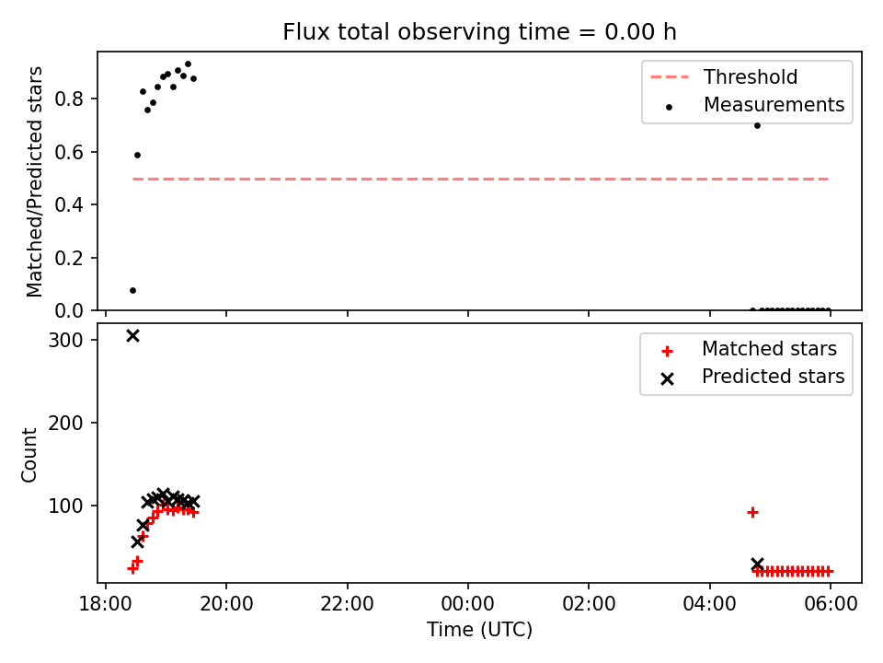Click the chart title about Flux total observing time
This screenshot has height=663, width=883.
479,31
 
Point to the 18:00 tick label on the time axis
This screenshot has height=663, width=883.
106,604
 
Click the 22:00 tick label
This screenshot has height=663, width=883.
348,604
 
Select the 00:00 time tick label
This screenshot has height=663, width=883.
468,604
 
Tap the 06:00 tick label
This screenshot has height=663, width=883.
831,604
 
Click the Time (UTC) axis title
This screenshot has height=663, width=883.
479,629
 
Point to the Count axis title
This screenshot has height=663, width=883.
29,455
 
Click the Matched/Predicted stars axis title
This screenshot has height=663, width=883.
34,181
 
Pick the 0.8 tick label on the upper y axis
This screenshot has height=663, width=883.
69,99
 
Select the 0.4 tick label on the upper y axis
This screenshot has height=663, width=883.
69,205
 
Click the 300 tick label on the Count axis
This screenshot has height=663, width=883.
65,340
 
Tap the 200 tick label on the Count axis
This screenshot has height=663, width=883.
65,423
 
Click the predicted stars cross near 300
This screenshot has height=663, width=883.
132,336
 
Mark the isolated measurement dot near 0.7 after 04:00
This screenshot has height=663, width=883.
757,126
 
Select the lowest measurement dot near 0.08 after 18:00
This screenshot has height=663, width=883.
132,291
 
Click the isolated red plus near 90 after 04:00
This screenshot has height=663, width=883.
752,513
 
